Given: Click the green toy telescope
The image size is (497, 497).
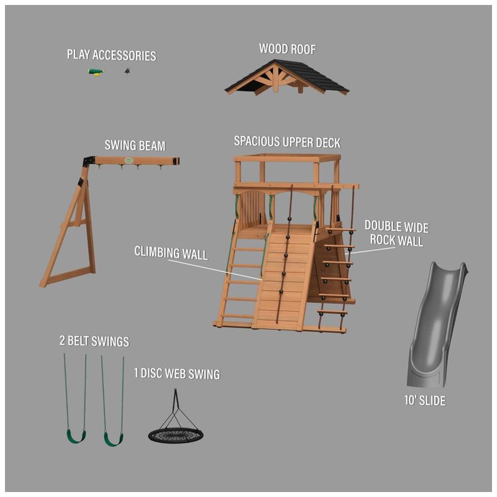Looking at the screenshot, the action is tap(96, 71).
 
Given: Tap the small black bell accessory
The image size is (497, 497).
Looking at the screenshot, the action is tap(127, 71).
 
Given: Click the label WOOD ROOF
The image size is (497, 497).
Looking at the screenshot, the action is tap(288, 49).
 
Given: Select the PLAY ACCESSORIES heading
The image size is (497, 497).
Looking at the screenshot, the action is tap(112, 55).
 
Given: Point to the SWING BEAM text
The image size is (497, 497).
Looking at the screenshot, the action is tap(135, 145).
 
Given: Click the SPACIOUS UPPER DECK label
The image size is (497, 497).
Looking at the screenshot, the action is tap(287, 142).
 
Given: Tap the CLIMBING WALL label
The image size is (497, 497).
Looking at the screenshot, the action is tap(171, 253).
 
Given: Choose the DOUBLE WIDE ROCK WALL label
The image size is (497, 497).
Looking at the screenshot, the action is tap(396, 234).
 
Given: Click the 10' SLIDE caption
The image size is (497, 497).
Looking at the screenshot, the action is tap(425, 400).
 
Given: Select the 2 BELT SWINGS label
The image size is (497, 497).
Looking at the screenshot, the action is tap(94, 341).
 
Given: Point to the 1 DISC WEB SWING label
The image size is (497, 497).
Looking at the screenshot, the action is tap(177, 373).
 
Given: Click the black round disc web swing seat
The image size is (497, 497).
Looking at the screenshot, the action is tap(176, 435).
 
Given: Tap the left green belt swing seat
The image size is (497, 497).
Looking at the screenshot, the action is tap(76, 437).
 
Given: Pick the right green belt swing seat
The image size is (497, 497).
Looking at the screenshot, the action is tap(114, 439).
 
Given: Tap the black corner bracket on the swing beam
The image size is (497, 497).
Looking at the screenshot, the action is tap(89, 161).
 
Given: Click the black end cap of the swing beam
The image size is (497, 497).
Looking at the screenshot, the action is tap(176, 161).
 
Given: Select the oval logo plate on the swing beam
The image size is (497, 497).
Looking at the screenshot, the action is tap(129, 160).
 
